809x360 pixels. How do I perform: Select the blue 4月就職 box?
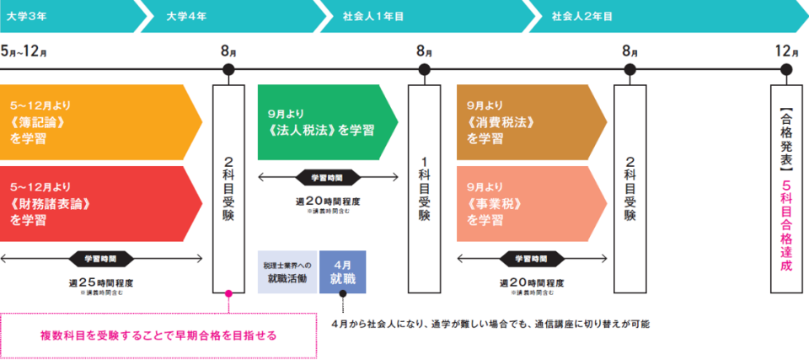[342, 271]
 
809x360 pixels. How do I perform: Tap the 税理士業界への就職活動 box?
[286, 271]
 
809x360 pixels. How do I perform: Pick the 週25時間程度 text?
[101, 282]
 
